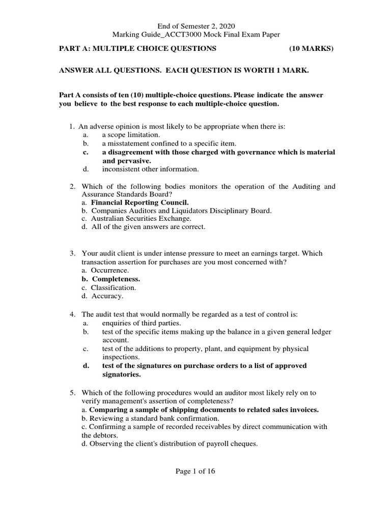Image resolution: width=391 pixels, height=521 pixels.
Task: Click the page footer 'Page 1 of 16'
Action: [x=195, y=471]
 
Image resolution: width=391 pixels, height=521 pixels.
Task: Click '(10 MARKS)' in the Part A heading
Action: [x=311, y=48]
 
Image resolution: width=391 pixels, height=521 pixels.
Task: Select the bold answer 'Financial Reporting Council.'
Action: [x=136, y=202]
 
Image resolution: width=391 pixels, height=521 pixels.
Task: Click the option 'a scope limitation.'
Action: [x=131, y=135]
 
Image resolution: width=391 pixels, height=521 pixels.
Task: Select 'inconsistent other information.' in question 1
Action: [x=150, y=169]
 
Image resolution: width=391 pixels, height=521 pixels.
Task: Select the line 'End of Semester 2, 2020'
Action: [x=195, y=26]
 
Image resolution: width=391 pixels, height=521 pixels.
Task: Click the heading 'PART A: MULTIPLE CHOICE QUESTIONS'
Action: [x=138, y=48]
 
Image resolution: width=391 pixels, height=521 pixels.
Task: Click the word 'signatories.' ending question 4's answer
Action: [x=121, y=374]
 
